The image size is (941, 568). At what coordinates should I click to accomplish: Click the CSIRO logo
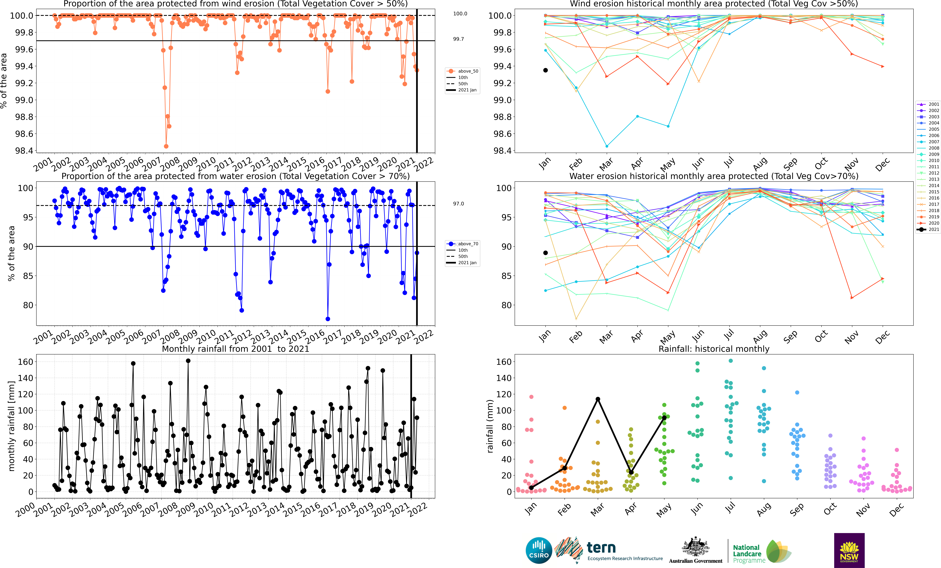[538, 550]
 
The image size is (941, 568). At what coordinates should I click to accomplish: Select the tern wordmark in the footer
[601, 548]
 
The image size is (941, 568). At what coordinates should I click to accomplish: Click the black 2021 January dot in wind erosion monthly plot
[545, 70]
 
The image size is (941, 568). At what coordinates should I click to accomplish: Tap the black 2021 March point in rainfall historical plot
[598, 399]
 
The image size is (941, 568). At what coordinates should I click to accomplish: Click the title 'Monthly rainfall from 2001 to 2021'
[235, 349]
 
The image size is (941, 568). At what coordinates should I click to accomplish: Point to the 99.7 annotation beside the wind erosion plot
[458, 39]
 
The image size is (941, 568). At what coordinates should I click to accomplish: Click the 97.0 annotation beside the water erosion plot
[458, 204]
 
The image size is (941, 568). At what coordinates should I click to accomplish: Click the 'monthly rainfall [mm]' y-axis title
[11, 426]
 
